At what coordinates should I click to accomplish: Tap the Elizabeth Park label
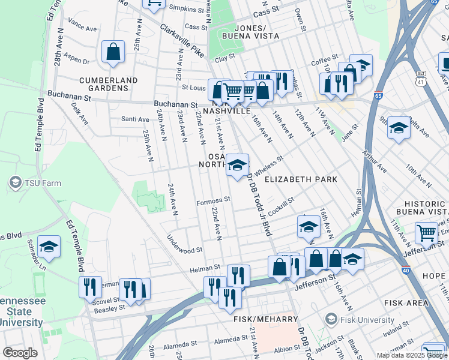point(301,179)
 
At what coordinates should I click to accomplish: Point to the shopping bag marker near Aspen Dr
point(113,53)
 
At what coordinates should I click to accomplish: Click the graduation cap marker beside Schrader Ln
point(49,247)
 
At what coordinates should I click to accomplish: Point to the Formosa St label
point(213,200)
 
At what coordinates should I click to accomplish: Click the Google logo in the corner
point(19,352)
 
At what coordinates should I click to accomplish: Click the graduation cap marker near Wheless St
point(237,165)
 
